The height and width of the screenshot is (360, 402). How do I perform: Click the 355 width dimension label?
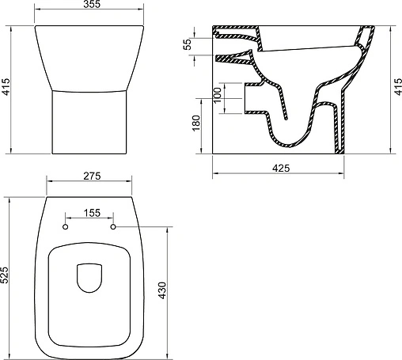(92, 4)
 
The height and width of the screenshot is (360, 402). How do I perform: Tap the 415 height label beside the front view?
(6, 86)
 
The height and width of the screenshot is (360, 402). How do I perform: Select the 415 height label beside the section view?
(398, 86)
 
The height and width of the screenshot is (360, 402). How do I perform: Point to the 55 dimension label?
(188, 44)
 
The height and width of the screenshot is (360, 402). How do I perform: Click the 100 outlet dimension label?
(217, 95)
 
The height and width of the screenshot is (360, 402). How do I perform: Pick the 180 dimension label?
(196, 123)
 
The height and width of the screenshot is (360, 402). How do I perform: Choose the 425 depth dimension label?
(281, 168)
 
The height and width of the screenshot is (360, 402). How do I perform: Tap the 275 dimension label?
(92, 176)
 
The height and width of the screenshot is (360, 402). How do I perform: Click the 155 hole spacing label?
(92, 213)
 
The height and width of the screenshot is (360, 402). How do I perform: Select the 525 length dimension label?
(5, 275)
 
